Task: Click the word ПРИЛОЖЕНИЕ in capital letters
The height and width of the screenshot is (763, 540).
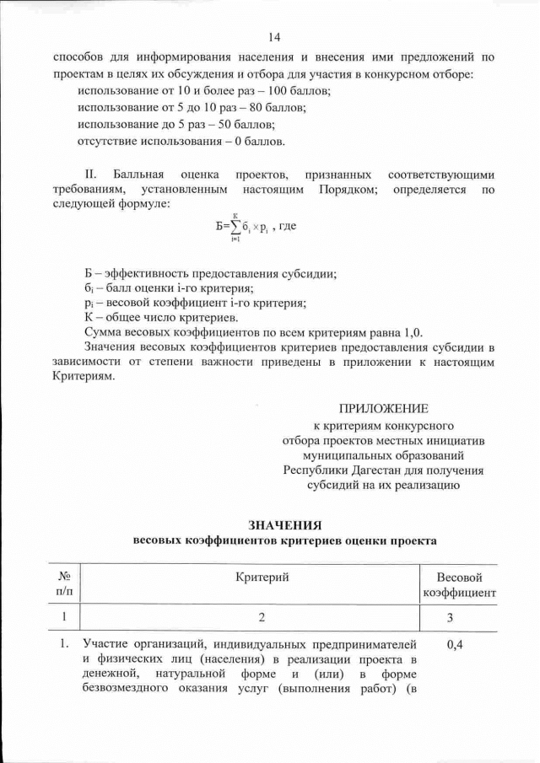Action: click(383, 407)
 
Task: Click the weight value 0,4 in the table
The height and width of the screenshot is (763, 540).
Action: click(456, 645)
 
